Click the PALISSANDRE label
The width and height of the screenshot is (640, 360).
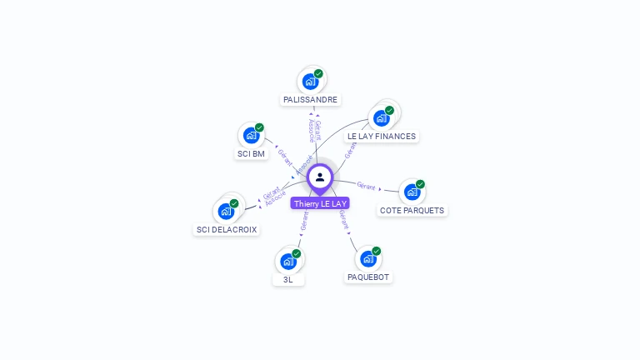point(311,99)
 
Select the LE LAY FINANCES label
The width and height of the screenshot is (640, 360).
point(381,136)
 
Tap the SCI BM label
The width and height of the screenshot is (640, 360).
point(251,153)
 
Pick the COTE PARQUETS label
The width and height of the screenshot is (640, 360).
point(412,210)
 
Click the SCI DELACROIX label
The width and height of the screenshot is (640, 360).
point(227,229)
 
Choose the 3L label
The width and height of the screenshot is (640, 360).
point(287,279)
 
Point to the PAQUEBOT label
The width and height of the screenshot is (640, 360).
point(367,277)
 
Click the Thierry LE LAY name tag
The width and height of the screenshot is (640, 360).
point(320,203)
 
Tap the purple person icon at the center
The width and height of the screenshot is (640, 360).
point(320,177)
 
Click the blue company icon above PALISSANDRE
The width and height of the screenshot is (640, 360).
point(311,81)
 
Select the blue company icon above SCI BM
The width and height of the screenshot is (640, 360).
point(251,135)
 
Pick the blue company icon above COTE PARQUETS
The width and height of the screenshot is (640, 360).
point(412,192)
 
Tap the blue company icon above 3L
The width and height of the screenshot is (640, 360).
point(287,261)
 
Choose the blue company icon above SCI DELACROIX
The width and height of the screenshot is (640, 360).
point(226,211)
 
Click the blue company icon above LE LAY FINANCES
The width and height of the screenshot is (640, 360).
point(382,117)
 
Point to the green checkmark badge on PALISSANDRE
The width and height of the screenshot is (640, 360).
point(318,73)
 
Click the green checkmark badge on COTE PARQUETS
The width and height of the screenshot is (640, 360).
point(420,184)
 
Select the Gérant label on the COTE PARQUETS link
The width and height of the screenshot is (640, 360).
point(366,186)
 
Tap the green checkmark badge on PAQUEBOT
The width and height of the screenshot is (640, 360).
point(376,251)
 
